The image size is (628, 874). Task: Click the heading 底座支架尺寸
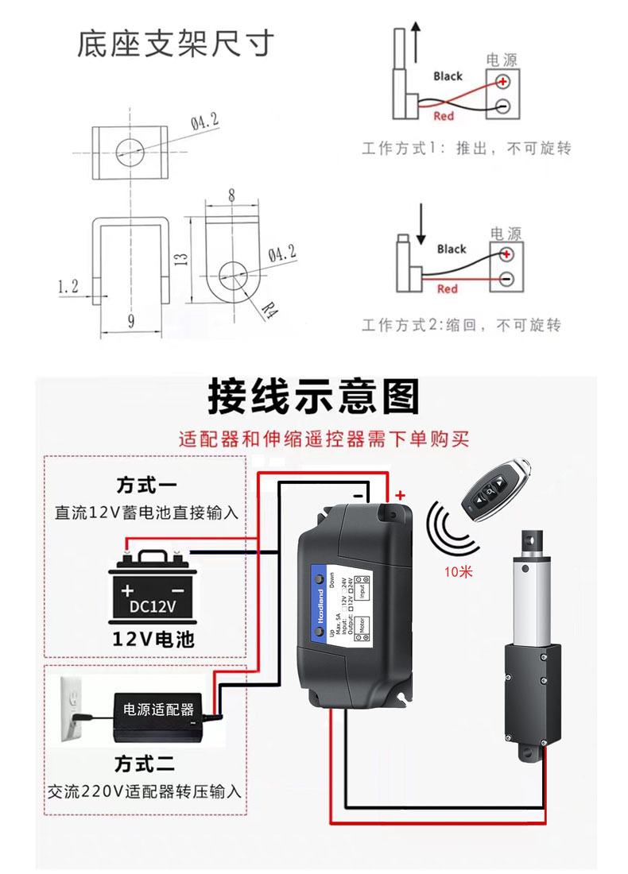pos(175,44)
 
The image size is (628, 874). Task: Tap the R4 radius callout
pos(271,307)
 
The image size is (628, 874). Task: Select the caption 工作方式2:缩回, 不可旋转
pos(461,325)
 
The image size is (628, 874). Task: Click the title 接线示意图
pos(313,396)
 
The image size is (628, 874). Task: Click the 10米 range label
pos(460,570)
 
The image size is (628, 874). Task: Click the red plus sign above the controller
pos(400,496)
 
